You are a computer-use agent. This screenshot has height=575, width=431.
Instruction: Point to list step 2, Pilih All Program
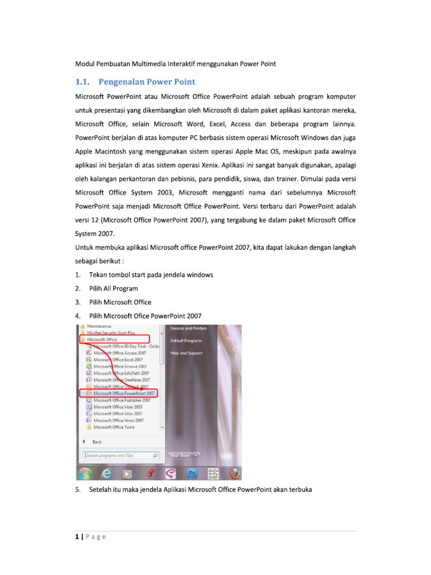tap(113, 289)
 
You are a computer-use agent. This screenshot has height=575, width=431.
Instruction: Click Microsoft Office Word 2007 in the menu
tap(118, 420)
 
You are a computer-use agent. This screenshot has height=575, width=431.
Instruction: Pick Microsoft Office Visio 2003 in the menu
tap(118, 407)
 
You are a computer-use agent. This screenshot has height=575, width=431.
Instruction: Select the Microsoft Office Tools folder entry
tap(114, 427)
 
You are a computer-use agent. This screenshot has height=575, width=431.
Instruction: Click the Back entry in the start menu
tap(97, 442)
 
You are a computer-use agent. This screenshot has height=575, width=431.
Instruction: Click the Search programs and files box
tap(118, 455)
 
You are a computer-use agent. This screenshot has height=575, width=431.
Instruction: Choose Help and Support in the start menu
tap(186, 353)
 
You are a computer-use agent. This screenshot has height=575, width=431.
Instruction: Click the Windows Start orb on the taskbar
tap(85, 473)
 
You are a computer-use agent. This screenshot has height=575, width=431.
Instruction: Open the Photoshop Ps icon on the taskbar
tap(191, 473)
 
